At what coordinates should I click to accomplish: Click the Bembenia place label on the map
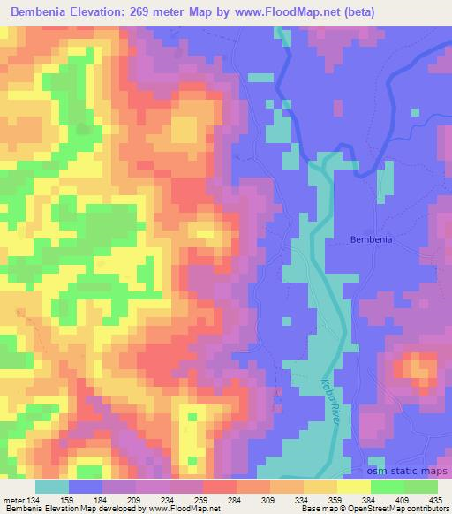371,239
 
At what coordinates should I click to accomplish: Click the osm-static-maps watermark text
407,472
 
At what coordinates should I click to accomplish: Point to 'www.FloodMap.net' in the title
298,12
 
